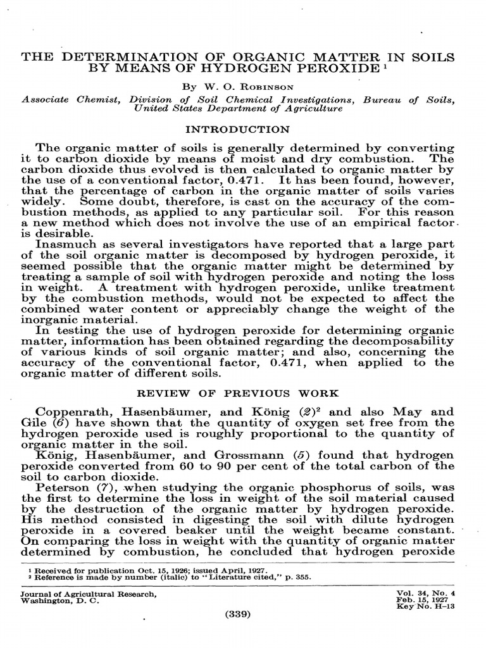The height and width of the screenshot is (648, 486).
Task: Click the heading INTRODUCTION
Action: tap(237, 129)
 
